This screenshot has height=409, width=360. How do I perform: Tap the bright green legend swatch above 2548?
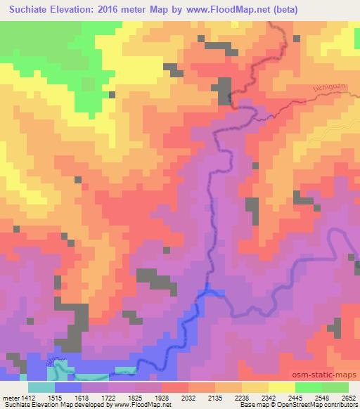click(x=309, y=387)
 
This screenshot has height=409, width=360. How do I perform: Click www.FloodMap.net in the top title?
click(x=230, y=10)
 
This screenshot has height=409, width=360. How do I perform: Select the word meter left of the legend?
click(x=10, y=397)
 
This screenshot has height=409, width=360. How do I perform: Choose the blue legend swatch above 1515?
click(x=67, y=387)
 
